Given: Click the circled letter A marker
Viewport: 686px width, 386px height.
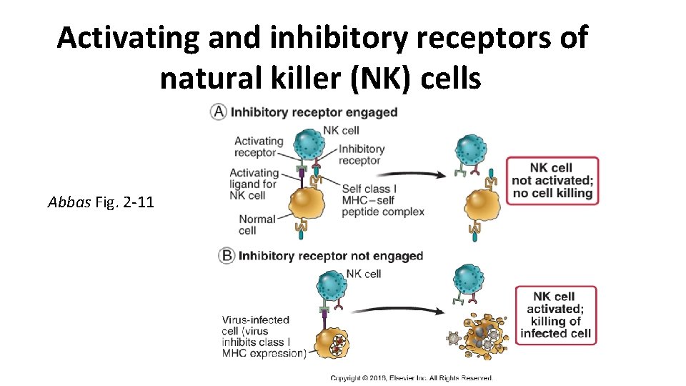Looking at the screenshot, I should coord(219,112).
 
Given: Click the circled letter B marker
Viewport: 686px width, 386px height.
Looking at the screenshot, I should coord(227,256).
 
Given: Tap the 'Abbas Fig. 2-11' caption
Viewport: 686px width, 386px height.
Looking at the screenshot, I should coord(101,202).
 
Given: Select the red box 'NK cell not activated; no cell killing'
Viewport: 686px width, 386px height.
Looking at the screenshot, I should coord(552,180).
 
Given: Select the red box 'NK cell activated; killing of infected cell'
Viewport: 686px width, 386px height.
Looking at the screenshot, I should coord(555,315).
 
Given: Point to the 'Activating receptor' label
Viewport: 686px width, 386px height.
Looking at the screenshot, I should coord(259,147).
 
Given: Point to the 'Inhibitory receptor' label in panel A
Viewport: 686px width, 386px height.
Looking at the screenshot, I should coord(361,154).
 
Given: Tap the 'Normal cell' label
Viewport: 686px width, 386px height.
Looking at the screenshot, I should coord(257,224).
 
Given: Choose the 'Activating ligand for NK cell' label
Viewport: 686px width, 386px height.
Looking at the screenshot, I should coord(254,184).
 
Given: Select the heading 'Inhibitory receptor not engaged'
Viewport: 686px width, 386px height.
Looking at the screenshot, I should coord(330,256).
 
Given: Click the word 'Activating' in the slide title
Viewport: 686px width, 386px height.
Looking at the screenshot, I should coord(129,37).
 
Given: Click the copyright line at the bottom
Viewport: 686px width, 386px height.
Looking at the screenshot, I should coord(411,378).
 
